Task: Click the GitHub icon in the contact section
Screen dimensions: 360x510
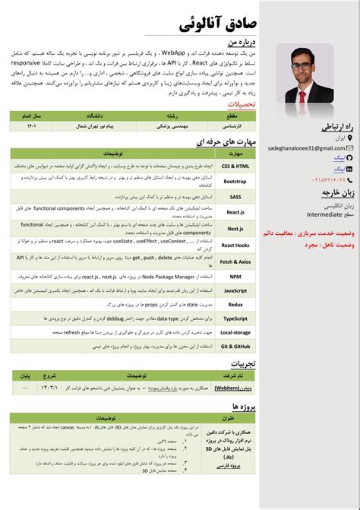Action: pos(349,168)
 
